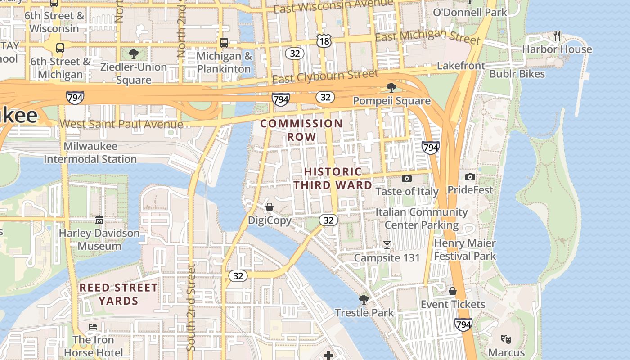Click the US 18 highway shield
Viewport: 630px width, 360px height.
pyautogui.click(x=323, y=41)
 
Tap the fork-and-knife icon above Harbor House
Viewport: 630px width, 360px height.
pyautogui.click(x=557, y=36)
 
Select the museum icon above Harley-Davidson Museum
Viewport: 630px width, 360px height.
pyautogui.click(x=99, y=220)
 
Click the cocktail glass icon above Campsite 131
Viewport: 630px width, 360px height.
pyautogui.click(x=387, y=245)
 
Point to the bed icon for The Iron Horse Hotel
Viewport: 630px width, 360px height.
pyautogui.click(x=93, y=326)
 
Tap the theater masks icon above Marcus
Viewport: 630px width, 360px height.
pyautogui.click(x=506, y=339)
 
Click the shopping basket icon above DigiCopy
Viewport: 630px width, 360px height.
pyautogui.click(x=270, y=207)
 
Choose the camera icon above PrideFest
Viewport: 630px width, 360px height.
pyautogui.click(x=470, y=177)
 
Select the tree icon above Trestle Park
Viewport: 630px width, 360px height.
pyautogui.click(x=364, y=299)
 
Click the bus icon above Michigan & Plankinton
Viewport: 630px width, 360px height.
pyautogui.click(x=224, y=43)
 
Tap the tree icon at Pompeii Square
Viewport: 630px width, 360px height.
pyautogui.click(x=391, y=87)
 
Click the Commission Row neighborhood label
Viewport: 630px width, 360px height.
pyautogui.click(x=301, y=130)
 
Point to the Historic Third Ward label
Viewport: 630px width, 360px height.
pyautogui.click(x=333, y=178)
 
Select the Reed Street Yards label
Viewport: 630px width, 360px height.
pyautogui.click(x=119, y=294)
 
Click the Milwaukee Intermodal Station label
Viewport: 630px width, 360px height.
pyautogui.click(x=90, y=153)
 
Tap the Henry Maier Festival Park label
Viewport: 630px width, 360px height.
pyautogui.click(x=464, y=250)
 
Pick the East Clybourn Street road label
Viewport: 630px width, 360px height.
pyautogui.click(x=325, y=76)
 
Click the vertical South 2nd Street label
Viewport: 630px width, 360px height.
pyautogui.click(x=191, y=308)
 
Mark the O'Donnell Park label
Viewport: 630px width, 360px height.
pyautogui.click(x=470, y=12)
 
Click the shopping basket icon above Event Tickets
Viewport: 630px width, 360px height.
pyautogui.click(x=453, y=291)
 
